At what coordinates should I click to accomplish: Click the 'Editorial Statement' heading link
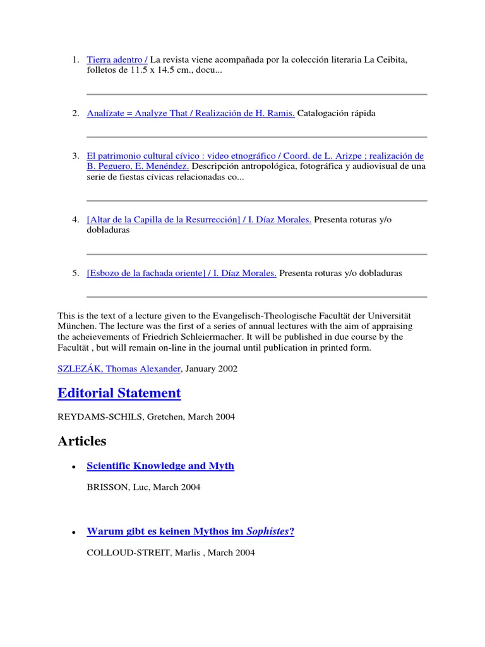pos(119,393)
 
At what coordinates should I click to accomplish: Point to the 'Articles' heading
pos(81,441)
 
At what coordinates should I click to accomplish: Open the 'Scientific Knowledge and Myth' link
pos(160,466)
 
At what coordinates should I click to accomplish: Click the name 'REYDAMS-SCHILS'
pos(101,417)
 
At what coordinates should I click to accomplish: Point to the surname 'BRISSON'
pos(107,487)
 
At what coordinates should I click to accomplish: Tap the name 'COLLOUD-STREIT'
pos(127,553)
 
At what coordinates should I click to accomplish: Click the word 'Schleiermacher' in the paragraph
pos(208,337)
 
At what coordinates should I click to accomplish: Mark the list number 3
pos(75,156)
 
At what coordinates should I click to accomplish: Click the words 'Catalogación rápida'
pos(336,114)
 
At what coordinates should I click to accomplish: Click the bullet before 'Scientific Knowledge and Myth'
pos(75,466)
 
